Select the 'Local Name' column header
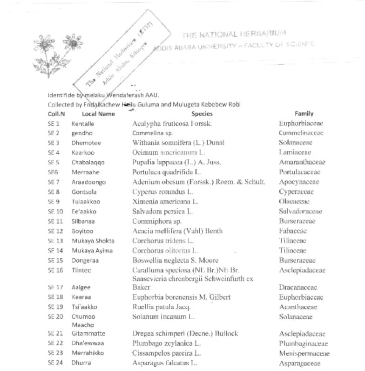pos(98,113)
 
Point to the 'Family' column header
pos(304,113)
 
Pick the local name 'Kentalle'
pos(83,124)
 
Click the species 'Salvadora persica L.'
pos(162,212)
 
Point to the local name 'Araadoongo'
pos(89,182)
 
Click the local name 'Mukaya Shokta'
pos(93,241)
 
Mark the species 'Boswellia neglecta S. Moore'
pos(175,261)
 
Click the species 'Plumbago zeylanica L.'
pos(167,343)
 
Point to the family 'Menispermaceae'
pos(304,353)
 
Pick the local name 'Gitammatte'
pos(88,333)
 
